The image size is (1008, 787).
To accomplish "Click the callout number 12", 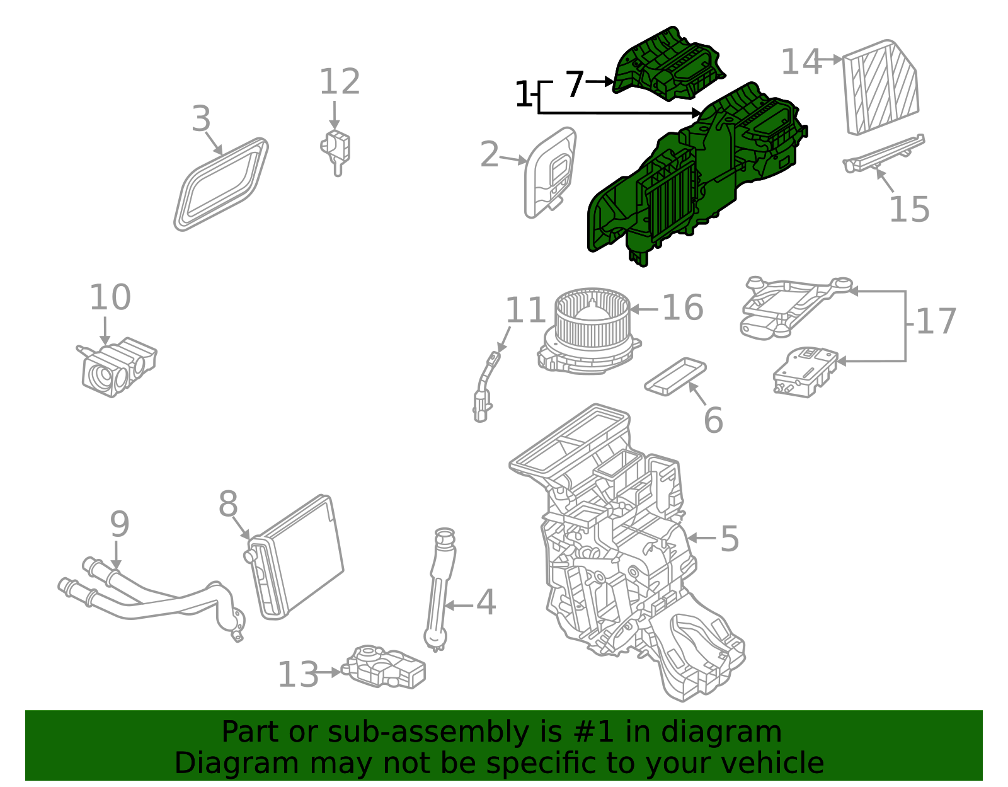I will (340, 83).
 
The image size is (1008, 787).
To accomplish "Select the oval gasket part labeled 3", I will (220, 184).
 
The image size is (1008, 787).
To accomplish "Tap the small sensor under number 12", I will (337, 149).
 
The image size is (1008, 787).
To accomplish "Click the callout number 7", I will (575, 84).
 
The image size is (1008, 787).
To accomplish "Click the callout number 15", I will (908, 210).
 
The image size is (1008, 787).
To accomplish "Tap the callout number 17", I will (936, 322).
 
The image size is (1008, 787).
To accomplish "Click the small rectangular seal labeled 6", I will (675, 376).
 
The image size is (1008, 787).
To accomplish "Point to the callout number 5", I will (729, 539).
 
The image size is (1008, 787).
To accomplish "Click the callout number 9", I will (119, 525).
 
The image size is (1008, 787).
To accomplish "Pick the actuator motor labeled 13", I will (384, 667).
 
